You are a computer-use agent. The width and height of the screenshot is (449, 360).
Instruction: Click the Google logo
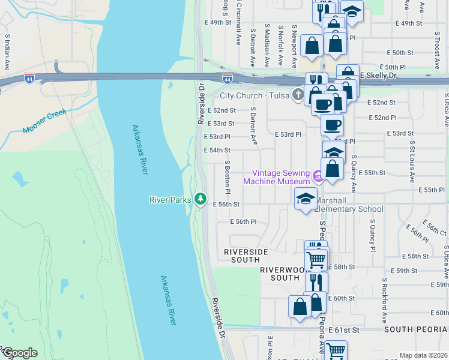(x=19, y=353)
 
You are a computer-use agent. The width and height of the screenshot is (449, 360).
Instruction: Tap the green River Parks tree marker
(x=200, y=199)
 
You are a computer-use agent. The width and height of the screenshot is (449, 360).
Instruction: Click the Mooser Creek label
(x=43, y=122)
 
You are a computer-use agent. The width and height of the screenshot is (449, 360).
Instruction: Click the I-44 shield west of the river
(x=29, y=78)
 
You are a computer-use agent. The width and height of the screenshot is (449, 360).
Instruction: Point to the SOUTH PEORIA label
(x=416, y=330)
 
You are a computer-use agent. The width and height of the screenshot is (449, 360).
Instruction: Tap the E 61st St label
(x=346, y=330)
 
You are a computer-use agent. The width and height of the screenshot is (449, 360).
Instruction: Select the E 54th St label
(x=218, y=150)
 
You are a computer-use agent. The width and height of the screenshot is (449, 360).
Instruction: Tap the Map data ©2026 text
(x=423, y=355)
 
